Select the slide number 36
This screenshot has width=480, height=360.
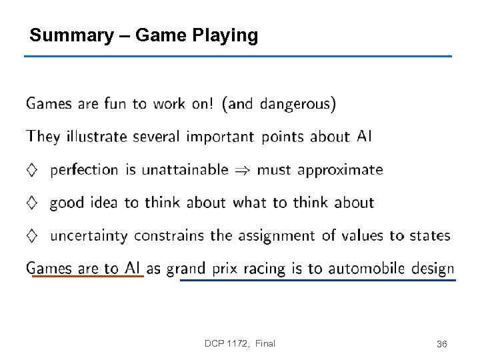click(x=441, y=344)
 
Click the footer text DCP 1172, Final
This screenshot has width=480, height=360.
click(x=240, y=343)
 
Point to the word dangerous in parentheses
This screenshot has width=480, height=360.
click(x=295, y=103)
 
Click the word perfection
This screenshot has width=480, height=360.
click(x=84, y=170)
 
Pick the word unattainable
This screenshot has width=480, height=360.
click(x=185, y=169)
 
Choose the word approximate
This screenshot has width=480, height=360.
click(x=340, y=170)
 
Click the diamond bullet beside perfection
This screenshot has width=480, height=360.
click(x=32, y=170)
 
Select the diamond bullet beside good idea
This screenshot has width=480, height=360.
click(x=32, y=203)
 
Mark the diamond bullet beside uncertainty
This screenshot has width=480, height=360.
click(x=32, y=235)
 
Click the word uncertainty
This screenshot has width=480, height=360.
click(x=89, y=236)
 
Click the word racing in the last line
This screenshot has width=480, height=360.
click(x=264, y=269)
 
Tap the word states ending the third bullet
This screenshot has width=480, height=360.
click(x=429, y=235)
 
